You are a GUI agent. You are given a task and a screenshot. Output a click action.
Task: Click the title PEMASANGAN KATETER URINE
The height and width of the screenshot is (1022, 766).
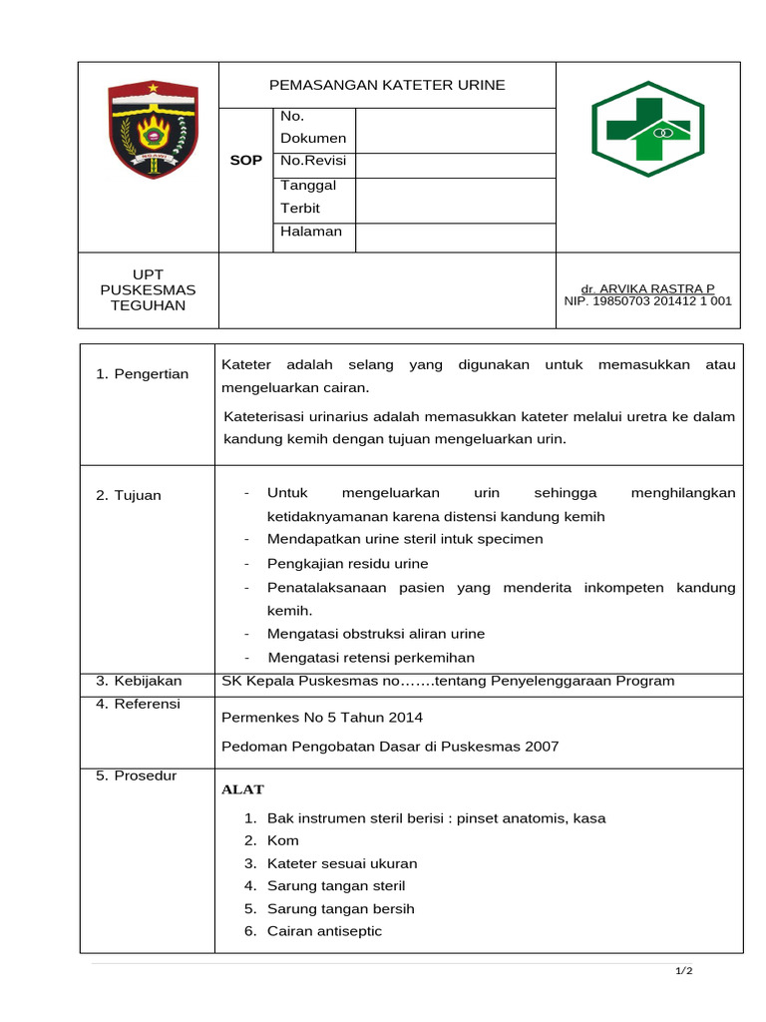[x=387, y=85]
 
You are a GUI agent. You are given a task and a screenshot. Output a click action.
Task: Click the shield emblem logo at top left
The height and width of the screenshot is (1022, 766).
[x=153, y=131]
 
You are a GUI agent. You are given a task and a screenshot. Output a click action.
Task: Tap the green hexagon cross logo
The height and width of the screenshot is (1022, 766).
[x=647, y=129]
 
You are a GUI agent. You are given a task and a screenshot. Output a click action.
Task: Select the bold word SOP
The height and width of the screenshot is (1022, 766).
[x=245, y=161]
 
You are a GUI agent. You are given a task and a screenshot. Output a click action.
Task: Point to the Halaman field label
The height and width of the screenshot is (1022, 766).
[x=311, y=232]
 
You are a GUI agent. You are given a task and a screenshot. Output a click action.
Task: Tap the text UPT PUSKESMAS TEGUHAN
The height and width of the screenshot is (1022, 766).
[x=149, y=289]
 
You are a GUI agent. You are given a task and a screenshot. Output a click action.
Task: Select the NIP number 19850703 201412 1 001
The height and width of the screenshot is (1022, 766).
[x=647, y=300]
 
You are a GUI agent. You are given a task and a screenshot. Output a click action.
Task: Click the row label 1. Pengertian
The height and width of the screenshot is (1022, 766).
[x=142, y=373]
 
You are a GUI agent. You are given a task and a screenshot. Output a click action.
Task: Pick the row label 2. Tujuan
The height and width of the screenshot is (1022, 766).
[x=129, y=495]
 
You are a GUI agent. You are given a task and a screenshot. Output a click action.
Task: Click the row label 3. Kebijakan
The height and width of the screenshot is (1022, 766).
[x=139, y=681]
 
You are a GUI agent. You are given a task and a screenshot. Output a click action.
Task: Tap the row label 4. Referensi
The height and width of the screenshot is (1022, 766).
[x=138, y=704]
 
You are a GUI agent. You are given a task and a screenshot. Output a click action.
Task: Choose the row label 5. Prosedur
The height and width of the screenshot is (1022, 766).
[x=136, y=775]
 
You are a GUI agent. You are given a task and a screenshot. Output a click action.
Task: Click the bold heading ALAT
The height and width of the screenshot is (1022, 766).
[x=242, y=789]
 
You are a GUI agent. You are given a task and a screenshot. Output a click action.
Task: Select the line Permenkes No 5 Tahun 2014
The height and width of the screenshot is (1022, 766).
[x=322, y=717]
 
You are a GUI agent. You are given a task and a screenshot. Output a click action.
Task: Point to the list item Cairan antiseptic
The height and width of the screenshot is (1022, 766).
[x=324, y=931]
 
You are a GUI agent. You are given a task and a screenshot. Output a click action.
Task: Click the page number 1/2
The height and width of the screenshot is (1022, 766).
[x=684, y=971]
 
